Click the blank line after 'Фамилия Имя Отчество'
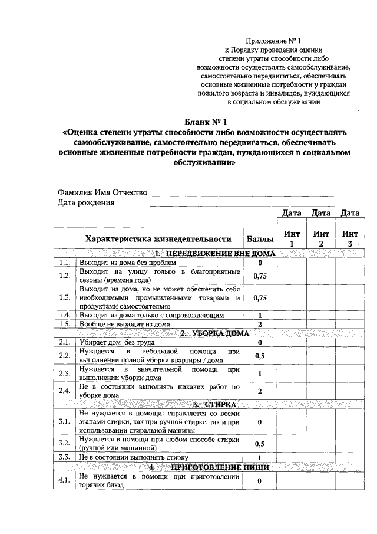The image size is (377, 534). coord(242,194)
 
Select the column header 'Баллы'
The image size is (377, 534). coord(260,239)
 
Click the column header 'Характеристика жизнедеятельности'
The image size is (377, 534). coord(157,239)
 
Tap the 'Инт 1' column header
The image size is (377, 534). coord(291,239)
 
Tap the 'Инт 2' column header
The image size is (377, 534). coord(321,239)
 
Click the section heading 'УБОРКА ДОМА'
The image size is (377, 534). coord(215,333)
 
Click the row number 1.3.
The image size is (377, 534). coord(65,297)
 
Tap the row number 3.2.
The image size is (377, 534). coord(65,443)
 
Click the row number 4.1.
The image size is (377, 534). coord(65,480)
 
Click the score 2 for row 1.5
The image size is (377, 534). coord(260,324)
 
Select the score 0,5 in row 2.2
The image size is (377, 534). coord(260,356)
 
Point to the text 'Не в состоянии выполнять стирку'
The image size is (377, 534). coord(127,457)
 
